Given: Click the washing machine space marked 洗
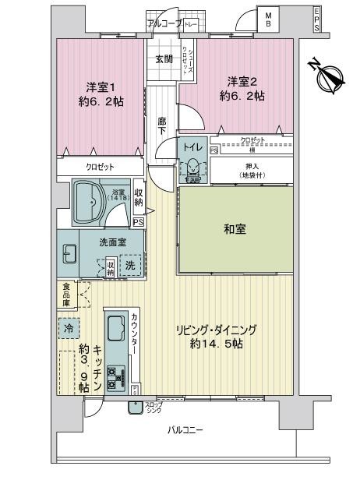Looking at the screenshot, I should tap(130, 265).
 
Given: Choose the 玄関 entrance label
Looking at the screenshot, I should tap(164, 60).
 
